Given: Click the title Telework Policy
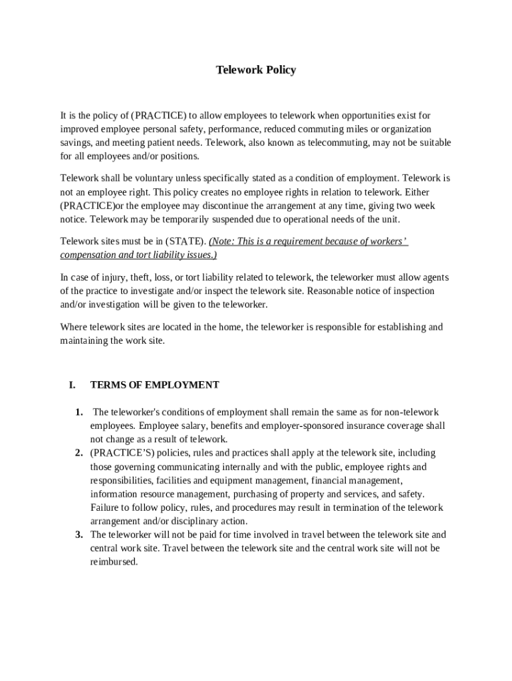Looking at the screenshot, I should [256, 70].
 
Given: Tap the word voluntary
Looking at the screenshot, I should [147, 178].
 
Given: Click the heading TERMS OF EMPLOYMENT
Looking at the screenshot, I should [154, 384].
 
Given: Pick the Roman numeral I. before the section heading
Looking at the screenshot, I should [72, 384].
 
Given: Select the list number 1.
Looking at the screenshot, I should [78, 412].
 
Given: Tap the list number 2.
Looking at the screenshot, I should [78, 453].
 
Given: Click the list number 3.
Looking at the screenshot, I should [78, 535].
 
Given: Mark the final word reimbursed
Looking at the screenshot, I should [114, 562].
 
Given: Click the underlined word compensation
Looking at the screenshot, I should [88, 255].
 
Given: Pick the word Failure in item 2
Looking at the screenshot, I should [106, 507].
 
